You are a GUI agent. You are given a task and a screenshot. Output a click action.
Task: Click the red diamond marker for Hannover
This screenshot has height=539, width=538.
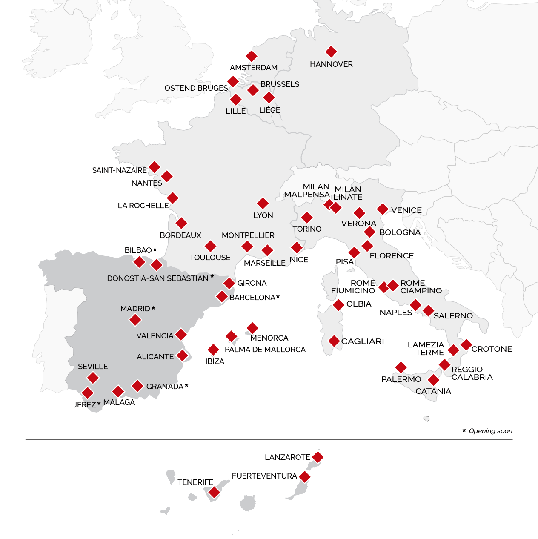(x=331, y=52)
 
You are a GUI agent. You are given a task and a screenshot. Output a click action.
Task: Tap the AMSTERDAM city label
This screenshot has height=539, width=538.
(x=254, y=68)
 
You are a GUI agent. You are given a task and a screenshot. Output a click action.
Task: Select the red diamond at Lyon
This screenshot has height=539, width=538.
(x=263, y=203)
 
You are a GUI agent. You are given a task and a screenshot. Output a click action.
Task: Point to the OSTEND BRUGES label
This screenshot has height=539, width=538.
(x=196, y=88)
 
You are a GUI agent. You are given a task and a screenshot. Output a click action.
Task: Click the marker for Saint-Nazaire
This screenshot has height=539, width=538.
(x=155, y=167)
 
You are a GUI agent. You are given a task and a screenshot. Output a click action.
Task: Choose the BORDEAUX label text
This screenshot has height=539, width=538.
(x=180, y=235)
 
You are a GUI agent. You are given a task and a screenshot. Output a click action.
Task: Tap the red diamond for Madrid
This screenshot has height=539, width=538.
(x=135, y=320)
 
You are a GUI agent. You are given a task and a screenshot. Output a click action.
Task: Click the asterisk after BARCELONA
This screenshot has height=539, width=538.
(x=278, y=297)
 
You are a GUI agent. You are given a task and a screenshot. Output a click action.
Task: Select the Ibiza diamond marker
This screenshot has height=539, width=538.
(x=213, y=350)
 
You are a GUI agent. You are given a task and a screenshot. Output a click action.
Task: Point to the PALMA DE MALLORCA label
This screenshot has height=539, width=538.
(x=265, y=350)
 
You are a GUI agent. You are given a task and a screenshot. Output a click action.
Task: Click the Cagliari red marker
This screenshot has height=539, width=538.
(x=334, y=341)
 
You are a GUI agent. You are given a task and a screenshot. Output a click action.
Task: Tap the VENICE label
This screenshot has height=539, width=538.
(x=406, y=210)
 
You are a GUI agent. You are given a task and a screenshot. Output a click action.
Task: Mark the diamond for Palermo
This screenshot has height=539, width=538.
(x=401, y=367)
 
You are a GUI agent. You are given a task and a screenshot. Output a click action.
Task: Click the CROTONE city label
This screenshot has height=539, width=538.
(x=492, y=349)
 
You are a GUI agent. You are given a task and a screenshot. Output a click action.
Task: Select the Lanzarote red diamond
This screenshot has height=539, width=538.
(x=318, y=457)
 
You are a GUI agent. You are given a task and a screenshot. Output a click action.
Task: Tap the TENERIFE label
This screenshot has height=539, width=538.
(x=195, y=482)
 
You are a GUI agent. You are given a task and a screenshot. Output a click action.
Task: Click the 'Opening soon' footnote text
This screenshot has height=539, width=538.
(x=490, y=431)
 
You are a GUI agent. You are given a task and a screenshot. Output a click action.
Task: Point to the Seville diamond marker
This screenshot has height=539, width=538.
(x=93, y=378)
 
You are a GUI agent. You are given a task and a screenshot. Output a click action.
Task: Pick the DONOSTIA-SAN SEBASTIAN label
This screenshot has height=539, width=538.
(x=157, y=278)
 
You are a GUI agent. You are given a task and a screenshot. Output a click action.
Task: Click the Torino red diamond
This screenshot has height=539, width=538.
(x=307, y=218)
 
